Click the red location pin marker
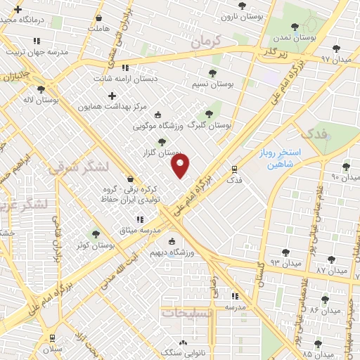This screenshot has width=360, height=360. click(181, 166)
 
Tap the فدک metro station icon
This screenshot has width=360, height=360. click(234, 169)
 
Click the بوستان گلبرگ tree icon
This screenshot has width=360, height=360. click(207, 114)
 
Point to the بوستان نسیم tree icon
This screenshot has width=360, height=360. click(212, 72)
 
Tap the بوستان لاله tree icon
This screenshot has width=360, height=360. click(41, 89)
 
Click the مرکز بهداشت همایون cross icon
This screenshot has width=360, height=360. click(111, 94)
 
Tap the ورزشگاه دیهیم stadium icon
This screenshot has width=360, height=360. click(171, 243)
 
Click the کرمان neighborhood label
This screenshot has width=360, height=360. click(205, 43)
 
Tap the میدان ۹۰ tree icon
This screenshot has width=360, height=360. click(345, 167)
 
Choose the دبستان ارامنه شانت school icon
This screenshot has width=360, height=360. click(125, 68)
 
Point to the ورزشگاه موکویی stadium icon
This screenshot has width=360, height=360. click(157, 115)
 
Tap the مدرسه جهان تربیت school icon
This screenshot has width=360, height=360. click(37, 41)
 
